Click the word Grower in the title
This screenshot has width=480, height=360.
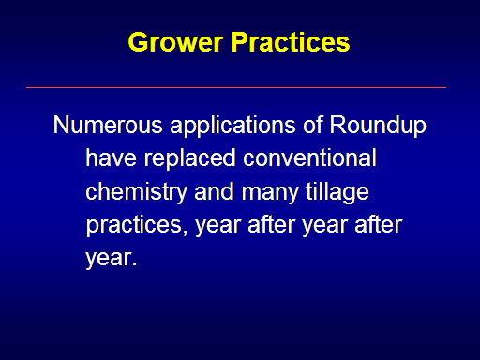175,42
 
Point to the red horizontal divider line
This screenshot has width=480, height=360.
236,88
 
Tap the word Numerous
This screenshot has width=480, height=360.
108,125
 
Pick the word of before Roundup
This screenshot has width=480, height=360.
313,125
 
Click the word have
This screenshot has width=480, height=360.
112,157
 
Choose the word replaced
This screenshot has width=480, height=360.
190,159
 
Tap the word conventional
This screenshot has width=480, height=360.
309,157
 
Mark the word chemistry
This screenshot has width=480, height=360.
137,193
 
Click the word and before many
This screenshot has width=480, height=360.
214,191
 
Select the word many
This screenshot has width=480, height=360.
270,193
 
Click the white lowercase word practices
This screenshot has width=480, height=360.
134,226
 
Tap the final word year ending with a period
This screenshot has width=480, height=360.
112,259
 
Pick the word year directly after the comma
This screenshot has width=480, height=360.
218,227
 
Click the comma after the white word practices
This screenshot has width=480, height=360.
185,232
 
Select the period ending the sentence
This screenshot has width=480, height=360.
135,264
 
